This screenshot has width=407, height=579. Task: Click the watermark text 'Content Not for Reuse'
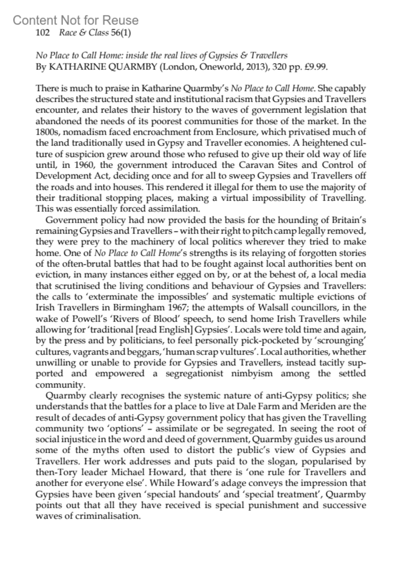coord(76,20)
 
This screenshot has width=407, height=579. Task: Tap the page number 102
coord(43,33)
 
